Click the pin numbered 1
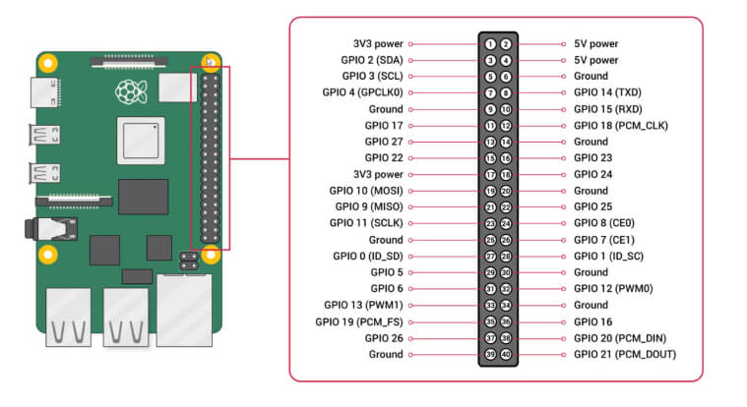coord(490,44)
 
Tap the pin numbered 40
coord(506,354)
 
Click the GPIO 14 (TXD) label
coord(608,92)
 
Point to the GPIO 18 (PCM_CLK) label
coord(620,126)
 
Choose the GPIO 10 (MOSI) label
coord(362,191)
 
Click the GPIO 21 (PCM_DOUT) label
coord(625,354)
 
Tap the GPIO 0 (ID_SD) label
coord(362,256)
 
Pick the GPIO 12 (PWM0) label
coord(612,289)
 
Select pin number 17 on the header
coord(490,174)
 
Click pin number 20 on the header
coord(506,191)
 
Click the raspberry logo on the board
coord(128,93)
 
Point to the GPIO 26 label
coord(383,338)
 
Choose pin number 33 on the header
coord(490,305)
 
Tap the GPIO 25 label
coord(592,207)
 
